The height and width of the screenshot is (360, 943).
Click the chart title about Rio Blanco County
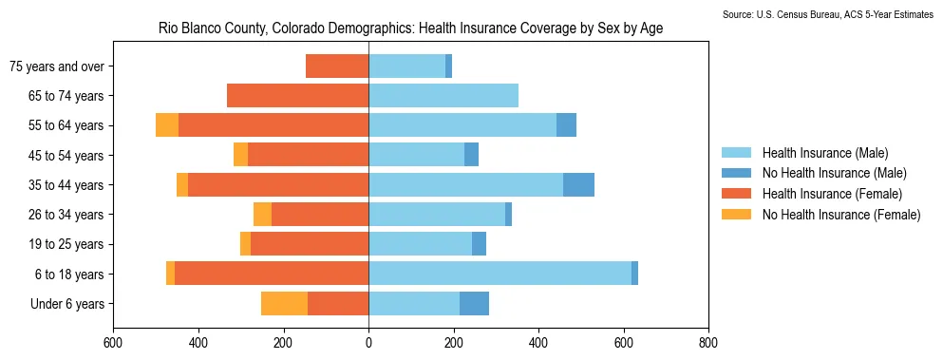[411, 28]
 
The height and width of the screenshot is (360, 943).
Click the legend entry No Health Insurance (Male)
[814, 174]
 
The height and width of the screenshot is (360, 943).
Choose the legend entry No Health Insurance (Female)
[820, 214]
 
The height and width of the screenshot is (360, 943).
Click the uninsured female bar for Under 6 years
[285, 303]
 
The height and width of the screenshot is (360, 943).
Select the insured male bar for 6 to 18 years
[500, 274]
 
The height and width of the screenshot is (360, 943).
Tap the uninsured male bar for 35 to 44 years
[578, 185]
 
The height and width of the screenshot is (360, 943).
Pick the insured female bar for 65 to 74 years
[297, 96]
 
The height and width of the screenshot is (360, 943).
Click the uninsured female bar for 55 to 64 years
[167, 125]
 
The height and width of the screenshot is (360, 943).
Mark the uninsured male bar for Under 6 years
[475, 303]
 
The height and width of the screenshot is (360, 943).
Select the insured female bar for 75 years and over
[337, 66]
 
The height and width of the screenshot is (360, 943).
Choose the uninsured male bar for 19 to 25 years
[479, 244]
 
